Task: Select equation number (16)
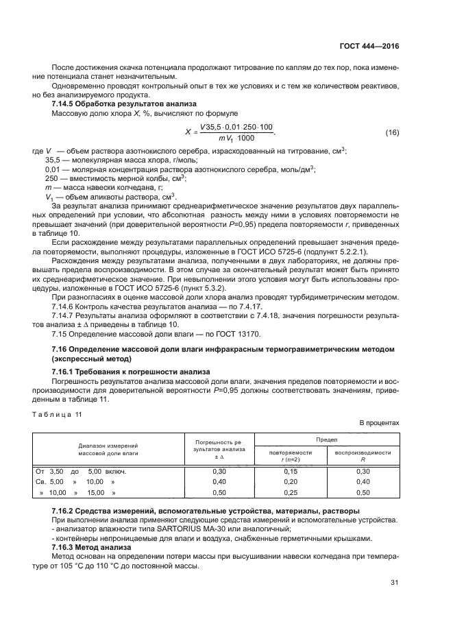pos(392,132)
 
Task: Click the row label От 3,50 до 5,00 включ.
pos(81,471)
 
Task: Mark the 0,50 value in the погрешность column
pos(219,493)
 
